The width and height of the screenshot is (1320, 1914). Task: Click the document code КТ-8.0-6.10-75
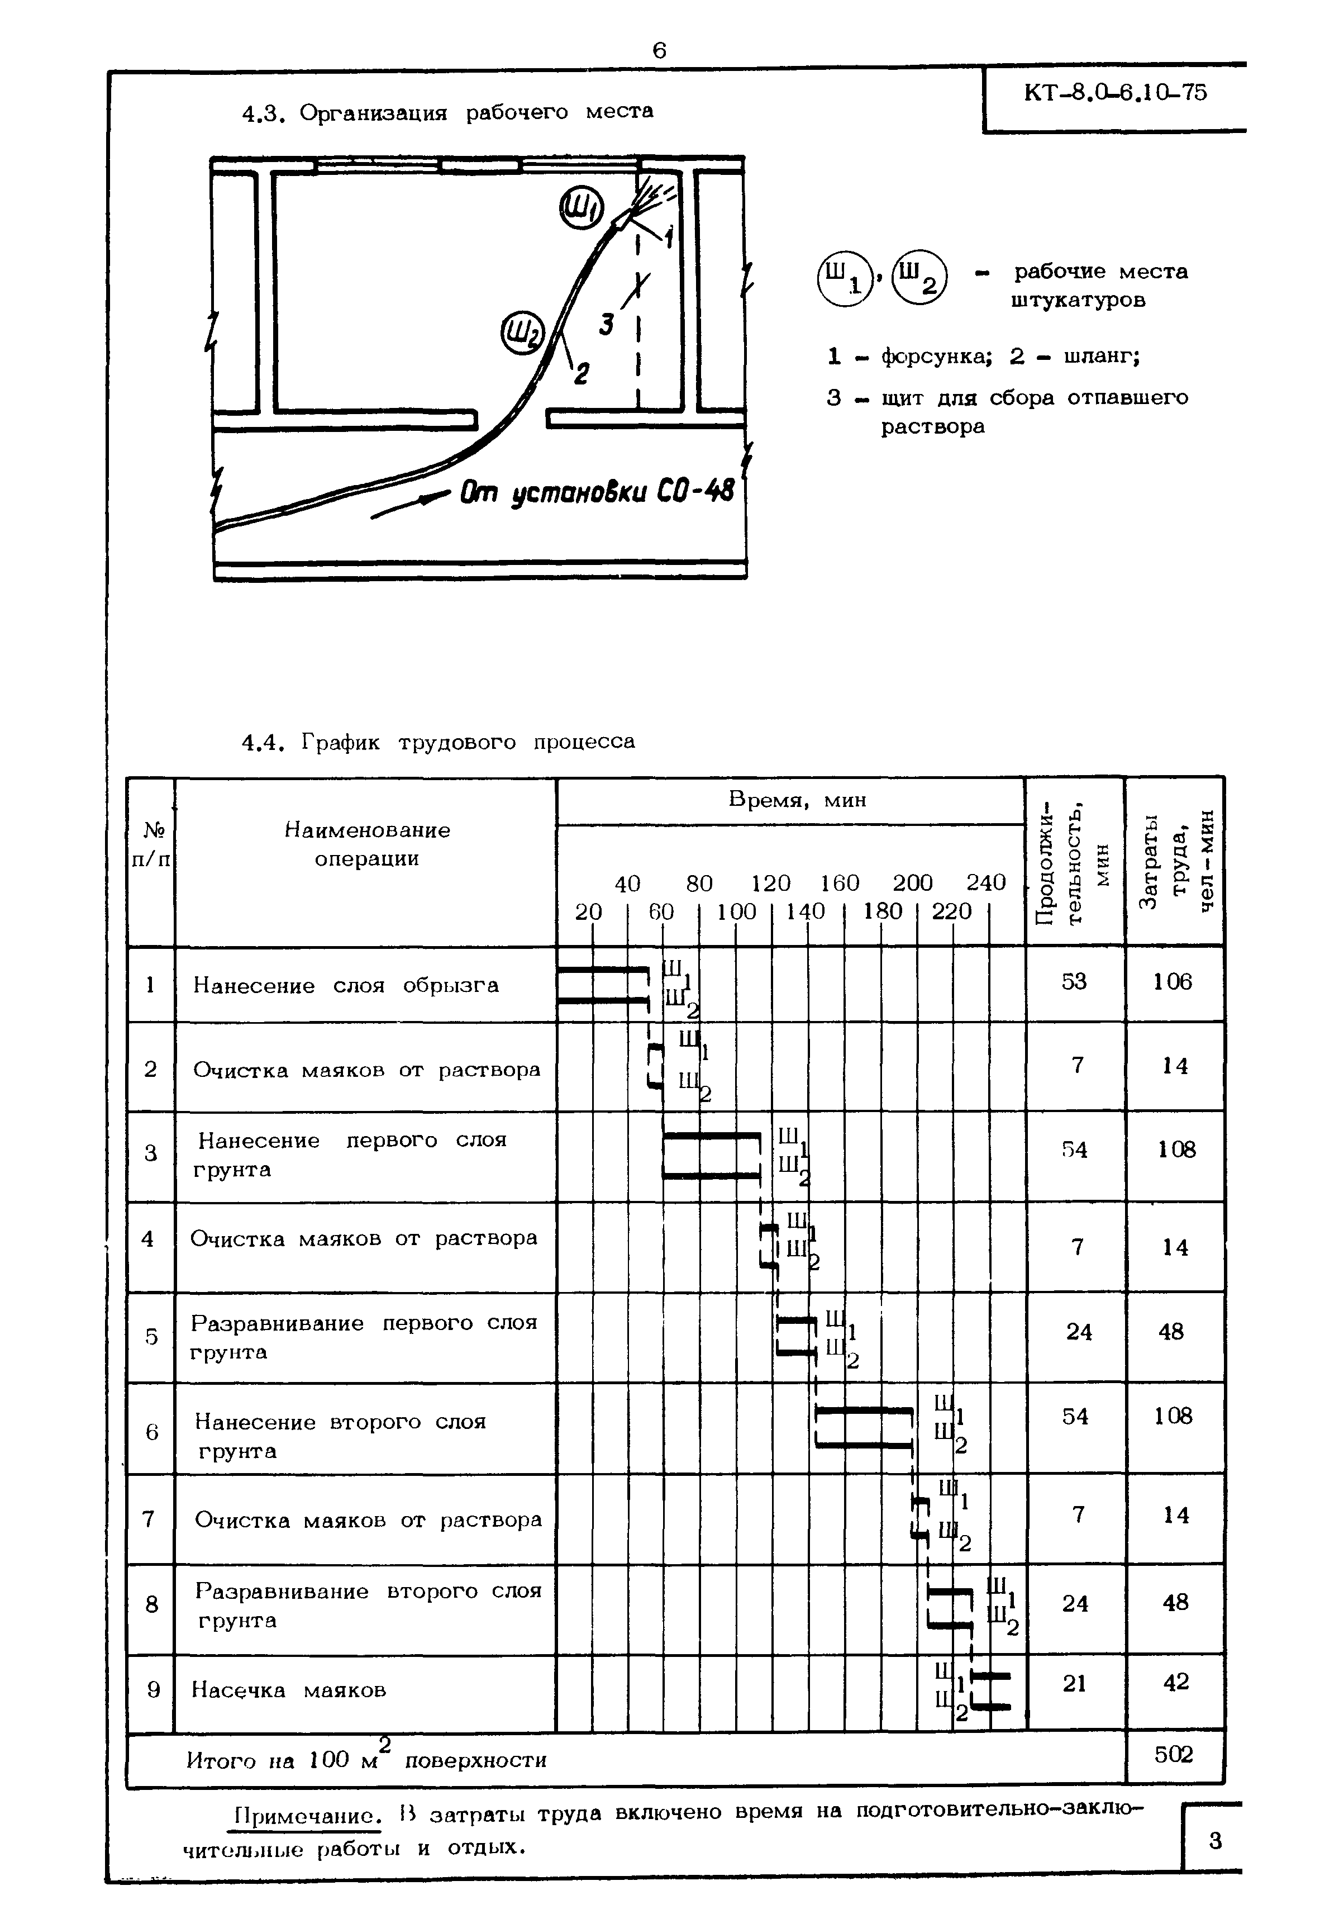(x=1115, y=93)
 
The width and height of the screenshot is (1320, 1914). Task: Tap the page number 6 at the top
(x=659, y=51)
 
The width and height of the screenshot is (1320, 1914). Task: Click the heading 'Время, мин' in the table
(x=797, y=800)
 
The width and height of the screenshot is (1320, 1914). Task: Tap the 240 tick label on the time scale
(x=986, y=884)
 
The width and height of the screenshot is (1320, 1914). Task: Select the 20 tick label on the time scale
(x=588, y=911)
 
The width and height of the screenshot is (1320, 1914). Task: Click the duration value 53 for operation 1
(x=1074, y=982)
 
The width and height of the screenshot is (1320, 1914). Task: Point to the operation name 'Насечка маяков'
(x=289, y=1689)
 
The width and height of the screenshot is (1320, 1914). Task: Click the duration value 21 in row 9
(x=1074, y=1683)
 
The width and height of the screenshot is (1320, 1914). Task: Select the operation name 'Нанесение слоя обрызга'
(x=346, y=985)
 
